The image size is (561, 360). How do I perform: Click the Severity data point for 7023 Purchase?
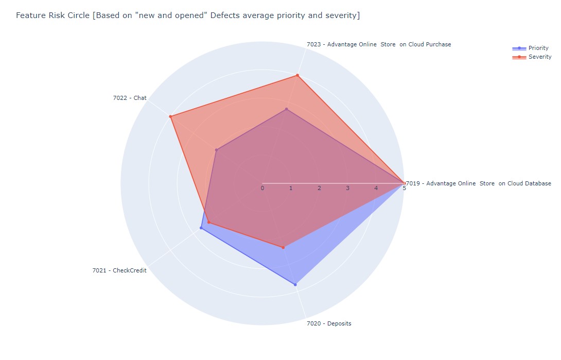point(297,76)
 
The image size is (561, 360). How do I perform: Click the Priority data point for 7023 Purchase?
point(286,109)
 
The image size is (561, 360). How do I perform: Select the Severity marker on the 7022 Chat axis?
point(170,116)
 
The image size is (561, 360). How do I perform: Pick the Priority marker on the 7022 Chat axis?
point(216,150)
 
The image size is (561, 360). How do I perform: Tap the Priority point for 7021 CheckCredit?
point(201,228)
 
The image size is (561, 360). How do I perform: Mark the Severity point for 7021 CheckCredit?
point(209,222)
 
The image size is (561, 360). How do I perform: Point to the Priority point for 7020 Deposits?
point(295,284)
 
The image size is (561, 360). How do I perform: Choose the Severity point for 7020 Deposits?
point(283,248)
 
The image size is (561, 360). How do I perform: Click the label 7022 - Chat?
point(130,98)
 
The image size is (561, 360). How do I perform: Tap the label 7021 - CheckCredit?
point(119,270)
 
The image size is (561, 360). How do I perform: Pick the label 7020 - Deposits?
point(329,323)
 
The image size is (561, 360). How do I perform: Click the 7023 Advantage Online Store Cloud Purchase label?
point(379,44)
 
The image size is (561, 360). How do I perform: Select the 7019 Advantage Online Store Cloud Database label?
point(479,183)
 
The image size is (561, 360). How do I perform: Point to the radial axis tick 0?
point(262,188)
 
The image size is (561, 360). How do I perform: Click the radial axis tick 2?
point(319,188)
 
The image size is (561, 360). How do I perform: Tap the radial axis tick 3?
point(347,188)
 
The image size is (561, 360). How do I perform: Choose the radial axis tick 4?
point(376,188)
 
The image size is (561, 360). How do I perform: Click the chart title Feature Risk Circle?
point(188,15)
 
